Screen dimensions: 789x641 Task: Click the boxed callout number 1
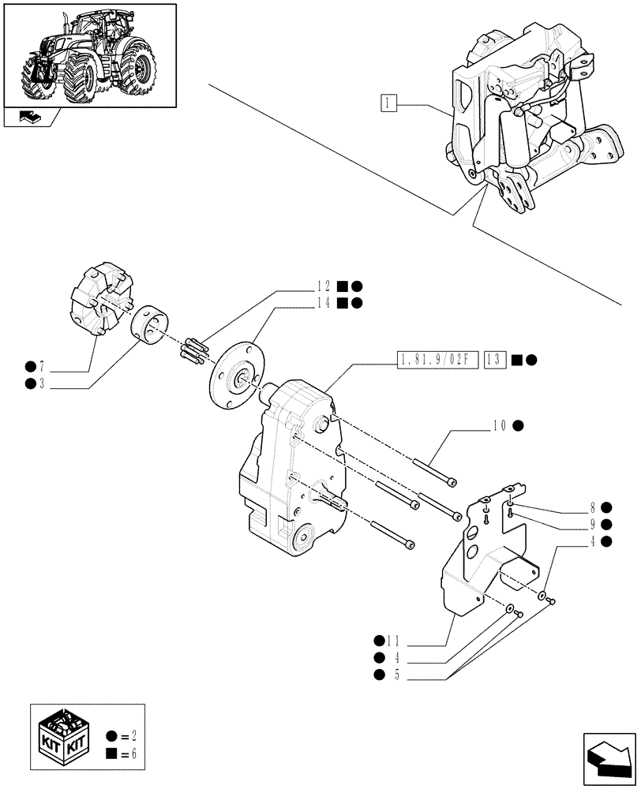(x=388, y=103)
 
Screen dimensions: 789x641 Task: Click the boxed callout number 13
(x=494, y=360)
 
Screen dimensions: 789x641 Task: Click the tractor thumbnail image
(x=89, y=54)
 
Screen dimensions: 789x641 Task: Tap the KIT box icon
(x=66, y=737)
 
